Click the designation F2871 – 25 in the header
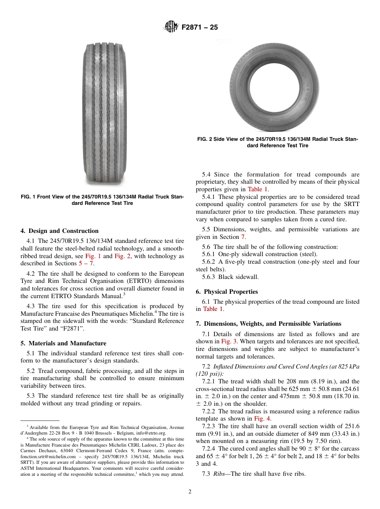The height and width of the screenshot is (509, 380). tap(200, 28)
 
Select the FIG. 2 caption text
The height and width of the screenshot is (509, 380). tap(277, 142)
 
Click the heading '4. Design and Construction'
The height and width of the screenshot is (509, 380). tap(59, 231)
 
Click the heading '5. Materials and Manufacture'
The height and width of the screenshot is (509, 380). tap(63, 343)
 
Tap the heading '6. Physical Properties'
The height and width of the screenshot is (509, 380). tap(227, 292)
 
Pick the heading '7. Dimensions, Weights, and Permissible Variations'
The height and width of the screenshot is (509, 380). tap(268, 324)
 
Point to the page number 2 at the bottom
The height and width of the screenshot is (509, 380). tap(190, 492)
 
